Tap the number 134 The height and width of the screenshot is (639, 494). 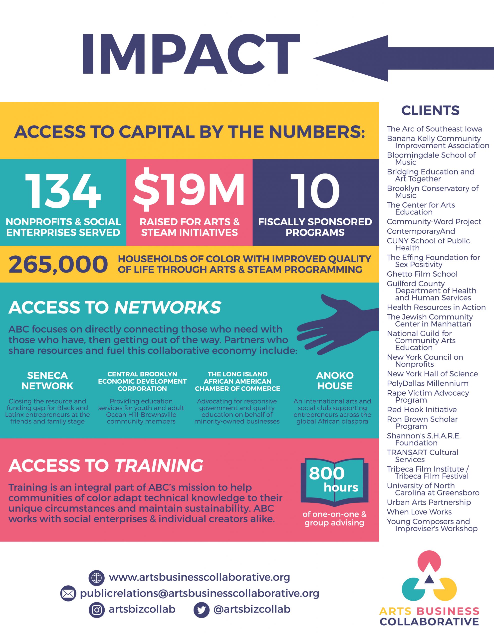(x=63, y=191)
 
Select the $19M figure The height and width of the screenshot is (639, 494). (x=189, y=190)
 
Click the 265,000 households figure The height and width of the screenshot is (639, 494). (x=58, y=264)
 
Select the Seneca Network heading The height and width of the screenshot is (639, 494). (x=47, y=381)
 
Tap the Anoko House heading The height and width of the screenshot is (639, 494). (x=335, y=381)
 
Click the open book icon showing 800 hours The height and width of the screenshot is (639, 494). (x=334, y=482)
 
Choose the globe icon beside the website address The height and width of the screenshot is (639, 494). (x=96, y=578)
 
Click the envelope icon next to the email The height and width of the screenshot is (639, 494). (x=68, y=594)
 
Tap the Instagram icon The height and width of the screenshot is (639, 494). (x=96, y=610)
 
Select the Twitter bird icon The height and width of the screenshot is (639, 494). (x=201, y=610)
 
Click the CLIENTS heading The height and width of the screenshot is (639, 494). (x=430, y=111)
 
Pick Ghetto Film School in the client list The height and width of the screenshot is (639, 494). (x=422, y=274)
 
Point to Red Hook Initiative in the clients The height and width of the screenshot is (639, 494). (x=422, y=410)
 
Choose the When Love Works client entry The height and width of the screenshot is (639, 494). (x=419, y=512)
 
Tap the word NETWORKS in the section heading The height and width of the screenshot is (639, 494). (x=168, y=308)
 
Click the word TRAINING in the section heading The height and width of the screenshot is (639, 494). (x=159, y=466)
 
